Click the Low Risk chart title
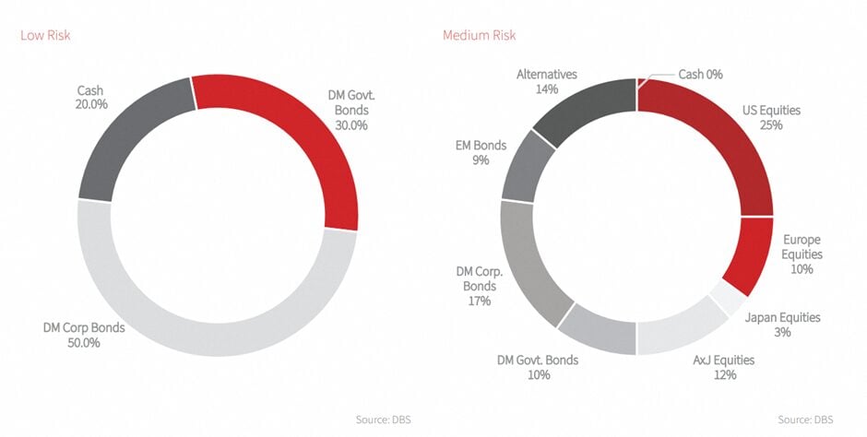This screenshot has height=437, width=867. (x=45, y=35)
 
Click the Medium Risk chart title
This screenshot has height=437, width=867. (x=479, y=35)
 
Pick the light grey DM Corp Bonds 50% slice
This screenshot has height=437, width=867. (x=217, y=332)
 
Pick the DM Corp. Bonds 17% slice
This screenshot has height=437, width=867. (x=528, y=264)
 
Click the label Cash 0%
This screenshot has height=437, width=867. (x=700, y=74)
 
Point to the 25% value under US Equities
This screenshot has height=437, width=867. (x=771, y=124)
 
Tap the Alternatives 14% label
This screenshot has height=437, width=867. (x=547, y=82)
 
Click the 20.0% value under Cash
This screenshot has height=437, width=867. (x=90, y=105)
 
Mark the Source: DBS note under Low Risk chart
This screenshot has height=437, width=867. (x=384, y=420)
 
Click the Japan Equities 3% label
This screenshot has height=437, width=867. (x=781, y=325)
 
